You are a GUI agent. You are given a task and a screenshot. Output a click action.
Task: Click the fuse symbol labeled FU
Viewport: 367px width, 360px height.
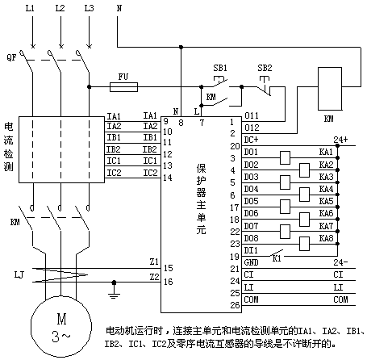pos(123,87)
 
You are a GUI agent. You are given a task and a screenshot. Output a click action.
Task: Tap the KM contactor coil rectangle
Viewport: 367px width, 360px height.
pos(330,89)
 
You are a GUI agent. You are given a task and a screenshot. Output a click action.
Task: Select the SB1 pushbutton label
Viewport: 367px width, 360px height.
pos(220,68)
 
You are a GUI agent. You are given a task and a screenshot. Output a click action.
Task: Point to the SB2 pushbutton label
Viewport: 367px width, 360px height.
pos(265,68)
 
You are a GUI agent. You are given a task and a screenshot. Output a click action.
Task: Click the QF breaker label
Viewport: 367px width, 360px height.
pos(11,57)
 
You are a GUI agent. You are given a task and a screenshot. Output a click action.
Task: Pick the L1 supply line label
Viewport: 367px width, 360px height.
pos(30,8)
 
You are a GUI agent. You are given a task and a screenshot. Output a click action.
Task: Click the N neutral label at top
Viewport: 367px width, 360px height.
pos(119,8)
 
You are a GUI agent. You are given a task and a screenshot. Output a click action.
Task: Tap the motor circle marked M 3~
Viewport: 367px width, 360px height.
pos(61,327)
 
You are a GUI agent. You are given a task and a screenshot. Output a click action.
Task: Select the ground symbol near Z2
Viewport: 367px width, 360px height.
pos(114,293)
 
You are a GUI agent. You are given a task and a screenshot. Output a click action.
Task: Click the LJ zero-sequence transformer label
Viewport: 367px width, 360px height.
pos(19,275)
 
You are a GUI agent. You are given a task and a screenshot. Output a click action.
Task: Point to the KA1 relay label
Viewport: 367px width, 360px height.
pos(326,153)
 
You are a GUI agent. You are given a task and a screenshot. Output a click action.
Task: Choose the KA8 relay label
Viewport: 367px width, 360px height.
pos(326,238)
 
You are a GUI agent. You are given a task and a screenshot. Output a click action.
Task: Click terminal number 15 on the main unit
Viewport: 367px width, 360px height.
pos(169,268)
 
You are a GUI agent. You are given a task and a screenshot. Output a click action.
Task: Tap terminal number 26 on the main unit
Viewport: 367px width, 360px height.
pos(235,305)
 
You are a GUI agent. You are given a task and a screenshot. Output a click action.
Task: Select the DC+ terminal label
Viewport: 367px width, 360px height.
pos(251,140)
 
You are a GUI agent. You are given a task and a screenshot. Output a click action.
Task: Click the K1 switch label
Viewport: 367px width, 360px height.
pos(277,258)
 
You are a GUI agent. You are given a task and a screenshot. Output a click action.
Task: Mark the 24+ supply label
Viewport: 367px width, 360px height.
pos(340,140)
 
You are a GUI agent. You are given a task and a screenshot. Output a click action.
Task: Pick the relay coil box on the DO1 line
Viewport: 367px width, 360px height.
pos(285,158)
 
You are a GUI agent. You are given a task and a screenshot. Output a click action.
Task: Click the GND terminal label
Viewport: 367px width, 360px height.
pos(251,262)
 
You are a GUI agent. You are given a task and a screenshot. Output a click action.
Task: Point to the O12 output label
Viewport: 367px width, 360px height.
pos(252,128)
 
